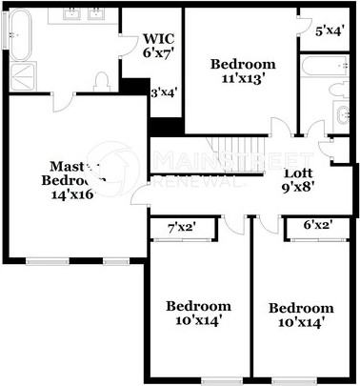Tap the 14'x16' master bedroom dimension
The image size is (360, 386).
point(73,193)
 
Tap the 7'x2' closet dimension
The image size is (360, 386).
point(181,227)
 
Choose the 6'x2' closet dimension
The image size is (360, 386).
point(316,226)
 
